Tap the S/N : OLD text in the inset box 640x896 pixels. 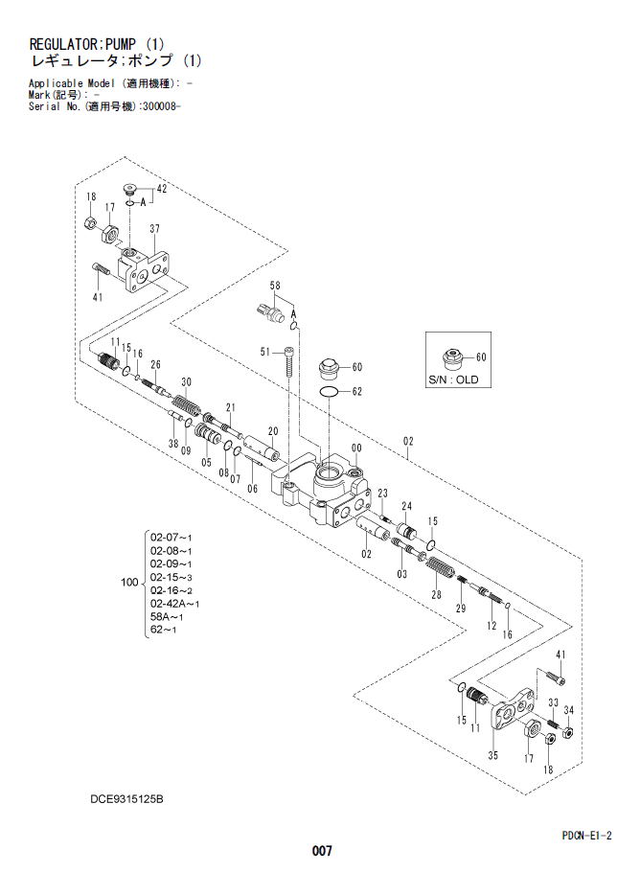(x=453, y=380)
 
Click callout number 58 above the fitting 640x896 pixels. (x=275, y=286)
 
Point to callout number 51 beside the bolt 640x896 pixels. (x=266, y=353)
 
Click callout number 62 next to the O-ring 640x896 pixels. (x=357, y=391)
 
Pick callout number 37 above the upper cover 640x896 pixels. (x=153, y=228)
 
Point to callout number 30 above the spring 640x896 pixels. (x=186, y=382)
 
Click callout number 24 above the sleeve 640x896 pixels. (x=407, y=506)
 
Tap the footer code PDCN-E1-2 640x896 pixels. (x=587, y=835)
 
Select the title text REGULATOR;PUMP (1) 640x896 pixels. (x=97, y=44)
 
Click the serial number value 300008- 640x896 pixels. (x=160, y=106)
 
